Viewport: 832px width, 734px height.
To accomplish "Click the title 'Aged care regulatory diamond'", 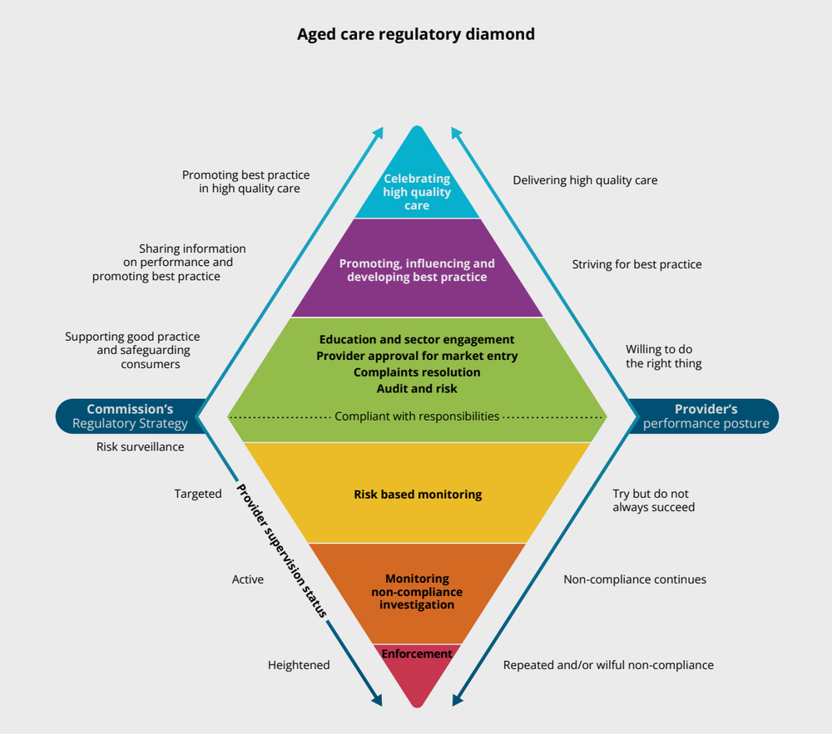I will tap(416, 35).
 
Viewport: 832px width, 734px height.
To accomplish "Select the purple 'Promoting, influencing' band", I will tap(417, 269).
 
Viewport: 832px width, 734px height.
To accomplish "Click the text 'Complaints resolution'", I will tap(417, 372).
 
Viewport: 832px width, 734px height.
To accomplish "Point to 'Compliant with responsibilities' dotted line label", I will tap(417, 416).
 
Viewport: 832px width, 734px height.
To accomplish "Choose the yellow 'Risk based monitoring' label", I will tap(417, 494).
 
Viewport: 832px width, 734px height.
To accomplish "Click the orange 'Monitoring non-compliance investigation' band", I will tap(417, 591).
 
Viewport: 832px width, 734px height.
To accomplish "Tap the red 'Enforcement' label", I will tap(417, 654).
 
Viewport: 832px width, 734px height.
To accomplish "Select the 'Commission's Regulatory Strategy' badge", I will tap(129, 416).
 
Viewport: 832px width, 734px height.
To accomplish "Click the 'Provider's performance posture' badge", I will tap(706, 416).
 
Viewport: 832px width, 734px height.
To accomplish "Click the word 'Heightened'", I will tap(299, 665).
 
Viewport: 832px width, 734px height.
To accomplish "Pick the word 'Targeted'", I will tap(198, 494).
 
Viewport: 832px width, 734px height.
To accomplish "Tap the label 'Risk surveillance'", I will tap(141, 446).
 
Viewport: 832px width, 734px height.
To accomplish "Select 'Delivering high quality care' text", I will tap(585, 180).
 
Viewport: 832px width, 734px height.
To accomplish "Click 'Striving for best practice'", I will tap(636, 264).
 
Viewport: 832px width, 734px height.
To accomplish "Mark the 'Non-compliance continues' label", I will tap(635, 579).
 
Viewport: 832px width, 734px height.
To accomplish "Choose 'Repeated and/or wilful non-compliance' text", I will tap(608, 665).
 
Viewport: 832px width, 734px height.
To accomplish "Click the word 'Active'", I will tap(248, 579).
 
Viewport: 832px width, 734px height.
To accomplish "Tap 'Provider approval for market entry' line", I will tap(417, 356).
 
